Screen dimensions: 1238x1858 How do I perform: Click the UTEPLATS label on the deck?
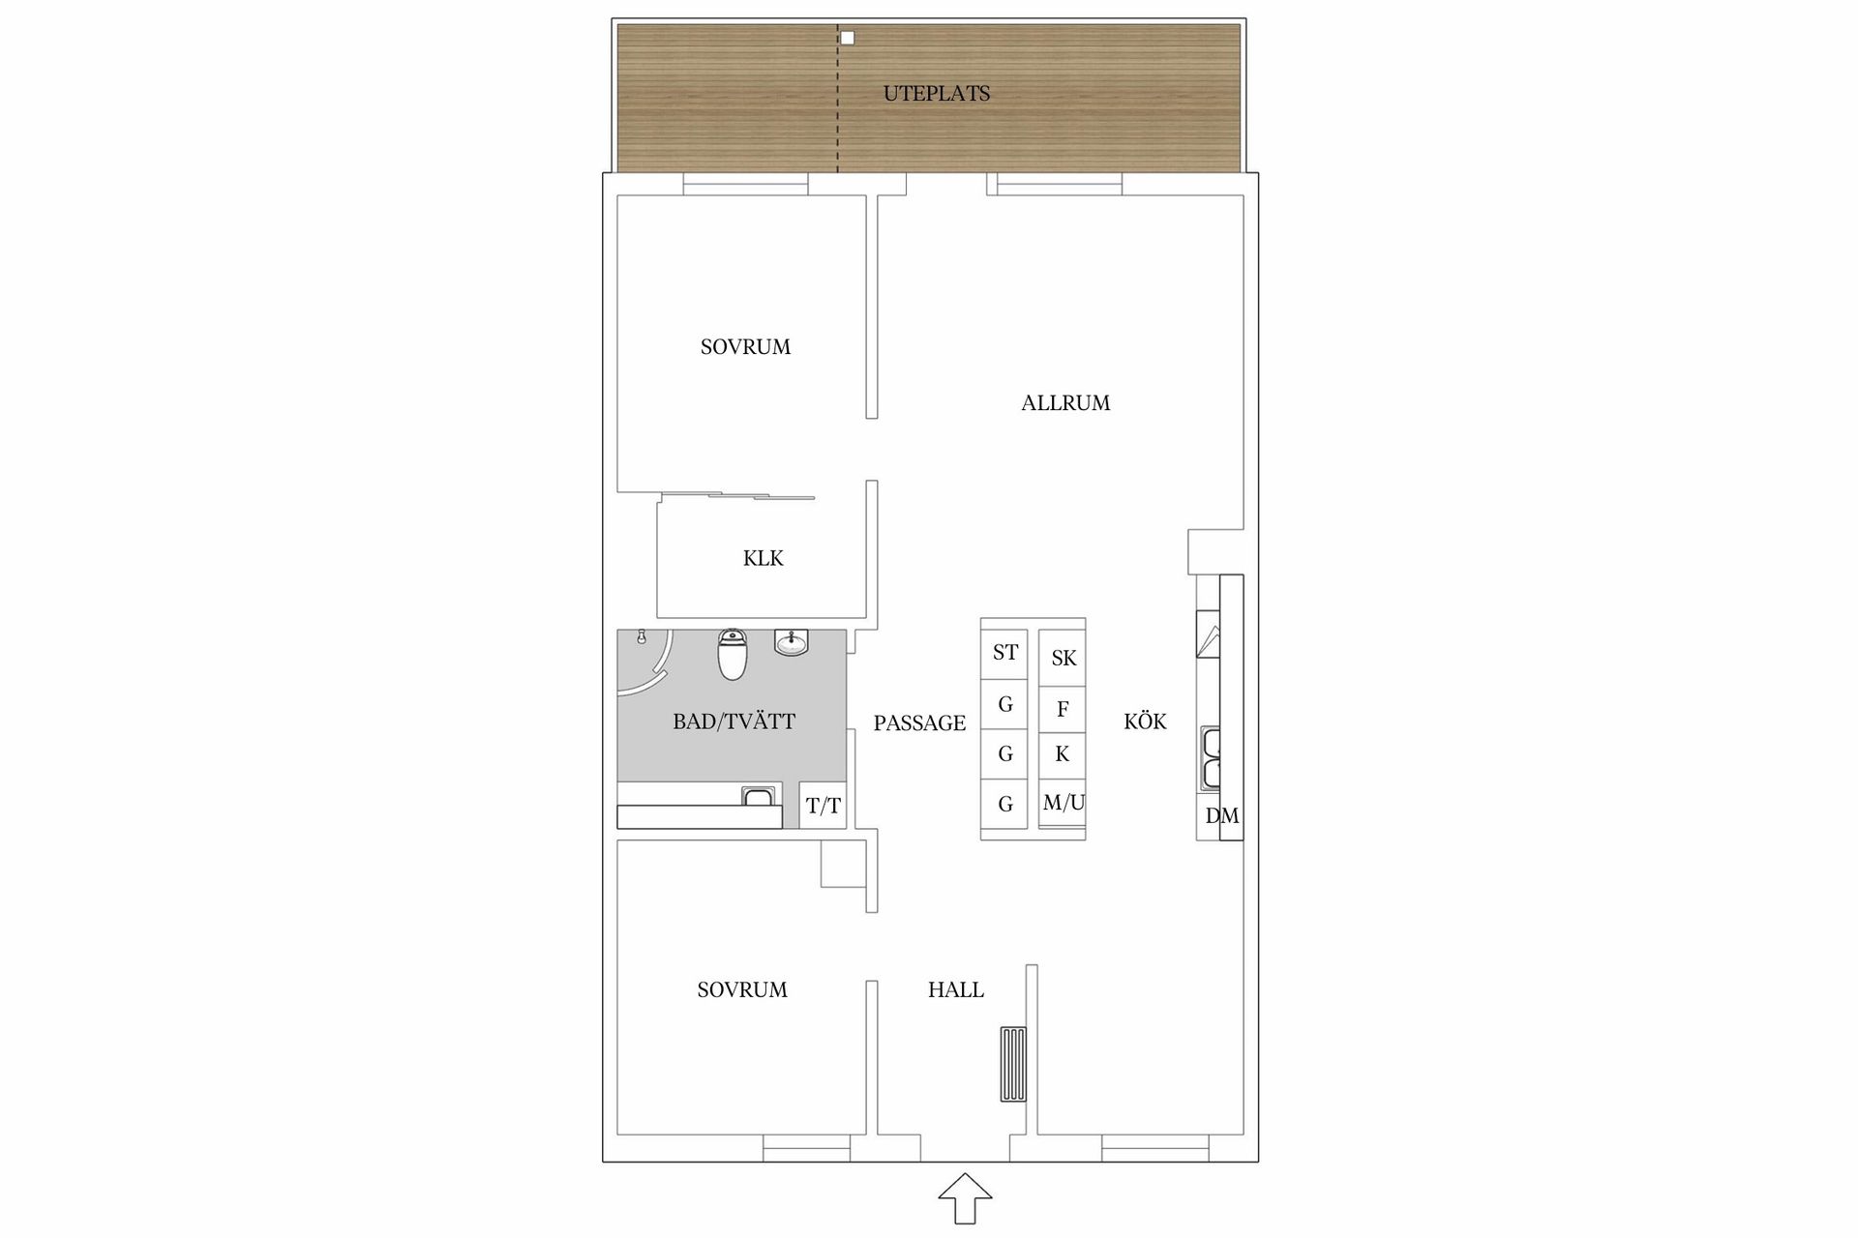point(936,94)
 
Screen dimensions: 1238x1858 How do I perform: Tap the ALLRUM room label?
point(1065,403)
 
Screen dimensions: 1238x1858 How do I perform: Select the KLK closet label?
point(763,558)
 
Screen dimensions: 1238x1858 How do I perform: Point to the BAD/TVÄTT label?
point(734,722)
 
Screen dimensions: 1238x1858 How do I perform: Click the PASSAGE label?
point(919,723)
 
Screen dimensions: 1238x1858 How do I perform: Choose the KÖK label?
point(1145,722)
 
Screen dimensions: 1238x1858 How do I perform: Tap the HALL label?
point(955,989)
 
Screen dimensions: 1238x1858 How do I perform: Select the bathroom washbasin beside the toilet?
point(792,642)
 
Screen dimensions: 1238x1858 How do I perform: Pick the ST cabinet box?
point(1004,653)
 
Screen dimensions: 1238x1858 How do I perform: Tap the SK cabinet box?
point(1063,659)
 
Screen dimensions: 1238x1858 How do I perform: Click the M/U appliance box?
point(1063,803)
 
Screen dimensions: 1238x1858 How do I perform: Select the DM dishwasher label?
point(1221,816)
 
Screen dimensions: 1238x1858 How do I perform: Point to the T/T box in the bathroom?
point(824,806)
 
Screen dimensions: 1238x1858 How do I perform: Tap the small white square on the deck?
point(848,39)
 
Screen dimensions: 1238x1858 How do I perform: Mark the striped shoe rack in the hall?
point(1013,1064)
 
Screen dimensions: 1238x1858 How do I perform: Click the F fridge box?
point(1063,709)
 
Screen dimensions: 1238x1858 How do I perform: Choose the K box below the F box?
point(1063,754)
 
